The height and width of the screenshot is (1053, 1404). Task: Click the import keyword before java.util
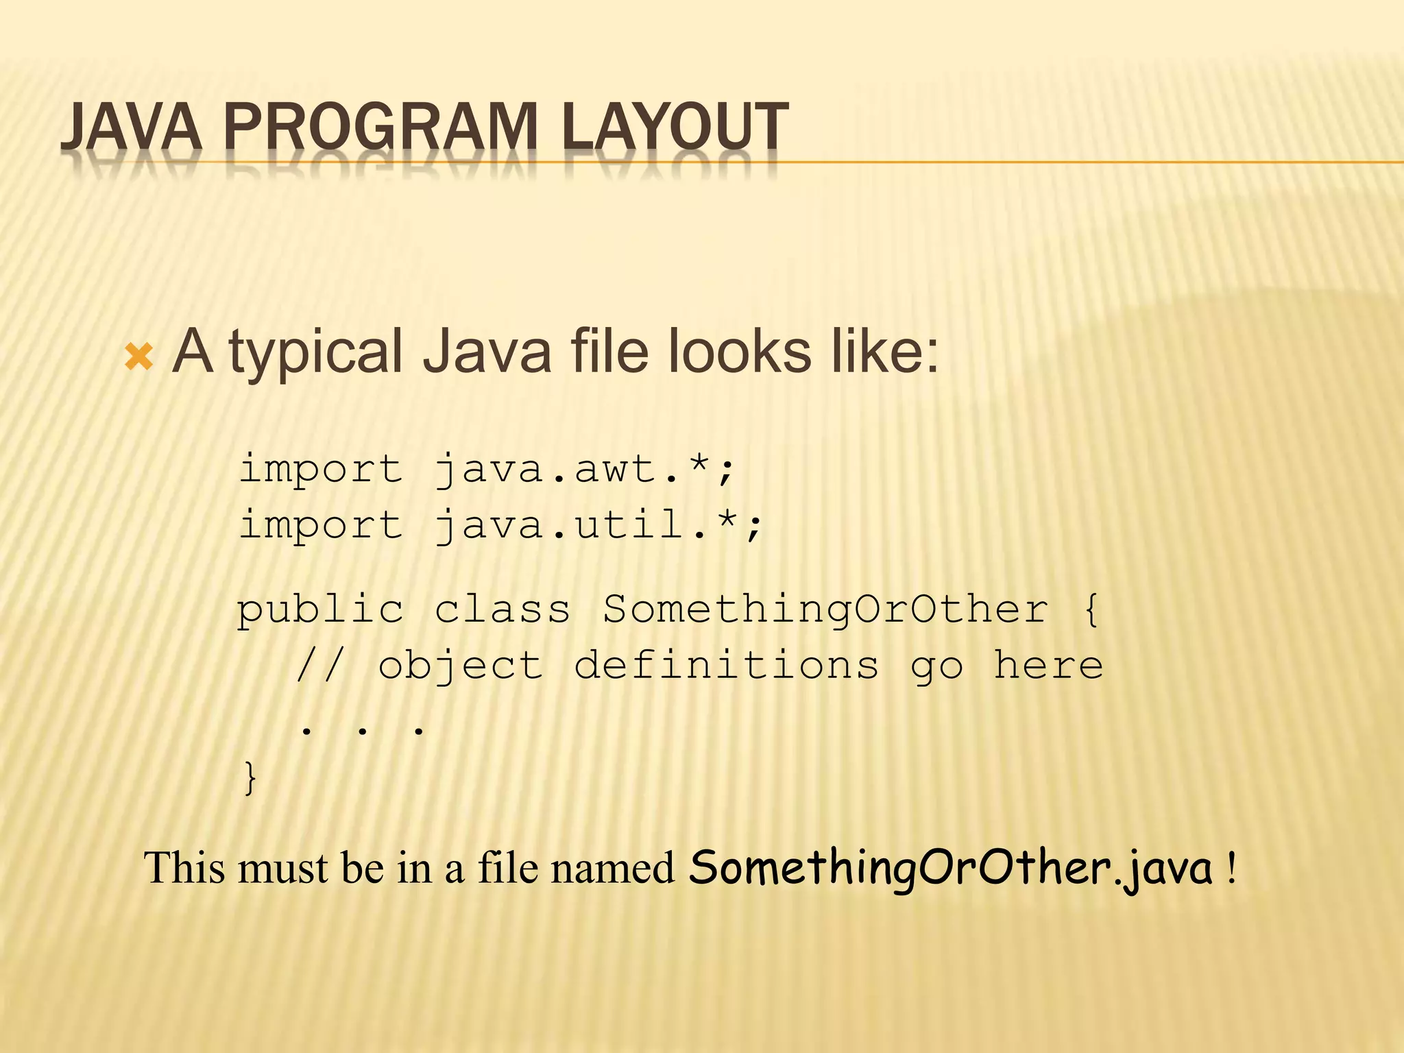pyautogui.click(x=320, y=526)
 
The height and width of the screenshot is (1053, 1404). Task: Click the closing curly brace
pyautogui.click(x=251, y=778)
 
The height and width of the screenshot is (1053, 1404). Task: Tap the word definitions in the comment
pyautogui.click(x=726, y=666)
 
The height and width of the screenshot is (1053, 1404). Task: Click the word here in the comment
pyautogui.click(x=1048, y=666)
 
